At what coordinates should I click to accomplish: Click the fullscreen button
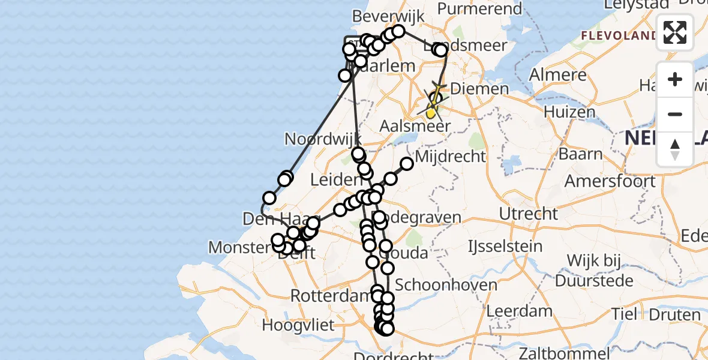(675, 32)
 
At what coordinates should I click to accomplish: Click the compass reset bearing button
(675, 149)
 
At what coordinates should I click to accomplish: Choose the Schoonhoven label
(446, 285)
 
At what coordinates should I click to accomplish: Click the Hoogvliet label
(298, 326)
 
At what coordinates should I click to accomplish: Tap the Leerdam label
(520, 311)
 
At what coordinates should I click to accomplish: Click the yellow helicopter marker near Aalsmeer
(431, 112)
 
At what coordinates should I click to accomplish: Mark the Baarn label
(581, 154)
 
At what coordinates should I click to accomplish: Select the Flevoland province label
(618, 35)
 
